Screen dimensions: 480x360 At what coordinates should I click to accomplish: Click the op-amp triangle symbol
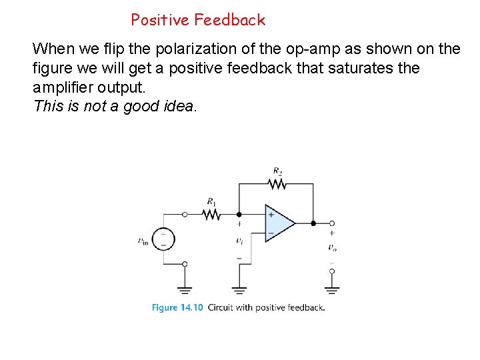coord(279,223)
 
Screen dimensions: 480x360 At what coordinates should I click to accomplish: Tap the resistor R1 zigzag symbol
coord(212,214)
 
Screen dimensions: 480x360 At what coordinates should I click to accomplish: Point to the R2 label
coord(277,171)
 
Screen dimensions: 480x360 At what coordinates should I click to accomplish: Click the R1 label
coord(211,201)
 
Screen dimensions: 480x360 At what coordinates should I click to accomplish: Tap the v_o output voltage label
coord(331,247)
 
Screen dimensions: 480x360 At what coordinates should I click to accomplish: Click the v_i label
coord(239,241)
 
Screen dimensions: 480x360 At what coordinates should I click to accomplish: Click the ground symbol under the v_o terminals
coord(331,289)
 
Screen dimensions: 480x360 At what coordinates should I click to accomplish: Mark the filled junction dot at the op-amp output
coord(313,223)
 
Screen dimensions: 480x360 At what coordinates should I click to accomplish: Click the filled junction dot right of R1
coord(239,214)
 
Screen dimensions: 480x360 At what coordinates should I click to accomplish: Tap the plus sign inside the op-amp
coord(271,215)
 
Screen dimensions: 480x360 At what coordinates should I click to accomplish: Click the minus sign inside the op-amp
coord(271,232)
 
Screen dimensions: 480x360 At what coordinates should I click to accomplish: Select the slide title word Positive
coord(161,20)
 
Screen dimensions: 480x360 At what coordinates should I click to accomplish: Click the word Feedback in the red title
coord(230,20)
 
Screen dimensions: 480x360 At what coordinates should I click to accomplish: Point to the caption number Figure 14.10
coord(177,307)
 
